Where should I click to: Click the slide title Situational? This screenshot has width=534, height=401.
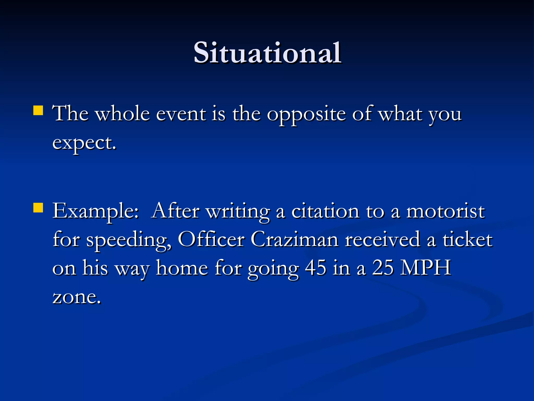coord(267,53)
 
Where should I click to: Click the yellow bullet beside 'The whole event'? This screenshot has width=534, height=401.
coord(38,110)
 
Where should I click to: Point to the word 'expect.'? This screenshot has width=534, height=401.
coord(84,144)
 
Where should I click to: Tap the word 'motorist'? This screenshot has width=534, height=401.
coord(445,211)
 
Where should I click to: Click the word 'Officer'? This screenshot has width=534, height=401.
coord(211,240)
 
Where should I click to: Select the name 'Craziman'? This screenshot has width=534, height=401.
coord(295,240)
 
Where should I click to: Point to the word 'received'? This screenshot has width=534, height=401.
coord(383,240)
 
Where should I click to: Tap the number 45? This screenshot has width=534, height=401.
coord(315,268)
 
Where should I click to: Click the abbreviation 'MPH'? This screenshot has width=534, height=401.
coord(426,268)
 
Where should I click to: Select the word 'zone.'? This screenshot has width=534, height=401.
coord(77,297)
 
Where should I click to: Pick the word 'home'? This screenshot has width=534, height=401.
coord(182,268)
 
